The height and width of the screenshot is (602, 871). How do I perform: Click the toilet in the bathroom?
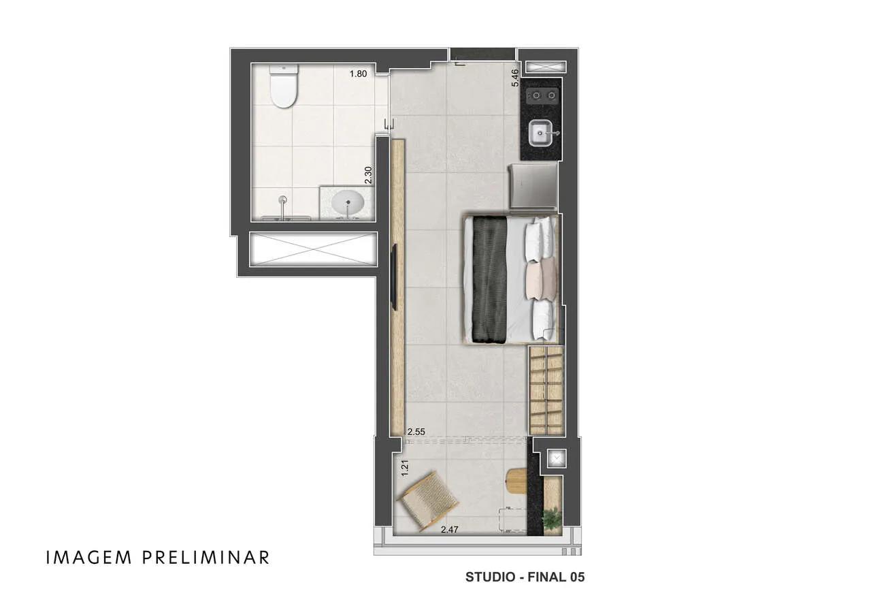click(x=284, y=86)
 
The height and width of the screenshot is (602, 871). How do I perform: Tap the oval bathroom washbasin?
click(x=348, y=202)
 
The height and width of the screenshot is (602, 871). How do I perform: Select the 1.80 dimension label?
click(x=358, y=74)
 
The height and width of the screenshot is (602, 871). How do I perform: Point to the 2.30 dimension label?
click(x=368, y=175)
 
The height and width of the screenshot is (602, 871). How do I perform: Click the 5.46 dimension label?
click(x=515, y=78)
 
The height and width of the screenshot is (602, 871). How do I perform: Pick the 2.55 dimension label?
click(x=416, y=432)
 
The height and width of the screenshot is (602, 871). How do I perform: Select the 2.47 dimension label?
click(x=450, y=530)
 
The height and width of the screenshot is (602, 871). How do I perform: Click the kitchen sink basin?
click(x=541, y=133)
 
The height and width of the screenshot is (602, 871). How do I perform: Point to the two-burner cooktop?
click(x=542, y=95)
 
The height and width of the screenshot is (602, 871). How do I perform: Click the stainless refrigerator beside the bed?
click(x=533, y=187)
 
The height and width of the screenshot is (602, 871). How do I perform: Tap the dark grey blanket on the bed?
click(x=489, y=280)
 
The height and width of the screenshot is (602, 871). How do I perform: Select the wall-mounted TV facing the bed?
click(x=393, y=276)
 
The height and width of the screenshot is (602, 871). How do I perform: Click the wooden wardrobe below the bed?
click(x=546, y=390)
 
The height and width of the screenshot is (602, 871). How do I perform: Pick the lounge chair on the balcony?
click(x=427, y=501)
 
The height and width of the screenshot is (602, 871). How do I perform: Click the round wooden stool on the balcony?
click(x=517, y=481)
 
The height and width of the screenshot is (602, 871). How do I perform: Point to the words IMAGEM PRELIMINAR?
click(x=158, y=557)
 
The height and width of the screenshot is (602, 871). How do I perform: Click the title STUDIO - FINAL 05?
click(x=525, y=577)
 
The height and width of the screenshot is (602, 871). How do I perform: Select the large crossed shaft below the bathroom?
click(x=313, y=249)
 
